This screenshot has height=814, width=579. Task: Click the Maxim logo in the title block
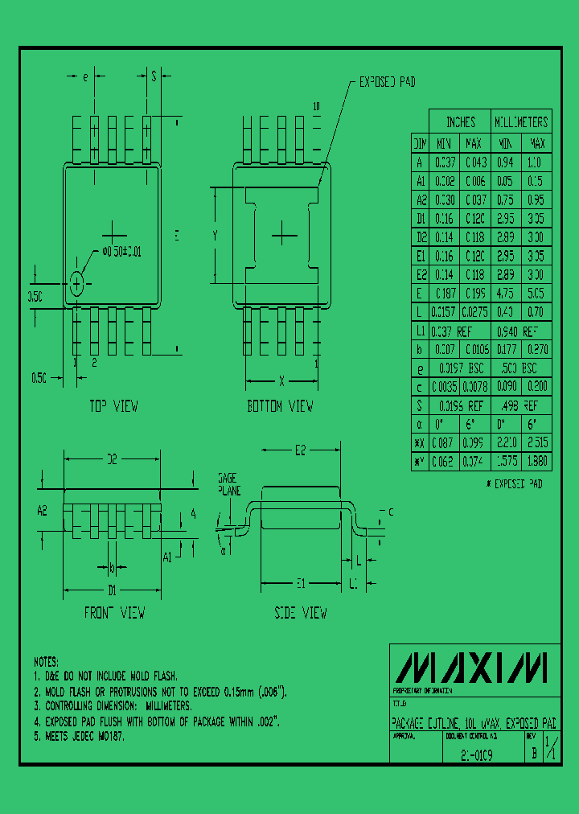pyautogui.click(x=474, y=667)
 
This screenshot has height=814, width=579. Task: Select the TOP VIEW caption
pyautogui.click(x=113, y=407)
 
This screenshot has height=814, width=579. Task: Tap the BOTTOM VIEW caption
pyautogui.click(x=280, y=407)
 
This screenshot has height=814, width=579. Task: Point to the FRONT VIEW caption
pyautogui.click(x=115, y=613)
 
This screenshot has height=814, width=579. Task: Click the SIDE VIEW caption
pyautogui.click(x=301, y=613)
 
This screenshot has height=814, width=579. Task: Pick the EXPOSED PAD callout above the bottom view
pyautogui.click(x=387, y=82)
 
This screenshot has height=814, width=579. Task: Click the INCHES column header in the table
pyautogui.click(x=461, y=122)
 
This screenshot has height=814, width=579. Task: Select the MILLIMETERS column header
pyautogui.click(x=520, y=122)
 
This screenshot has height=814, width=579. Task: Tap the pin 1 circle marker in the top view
pyautogui.click(x=77, y=284)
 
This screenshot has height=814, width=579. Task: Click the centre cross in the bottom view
pyautogui.click(x=282, y=235)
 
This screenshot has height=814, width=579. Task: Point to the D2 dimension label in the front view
pyautogui.click(x=113, y=459)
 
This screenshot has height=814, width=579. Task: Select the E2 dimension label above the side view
pyautogui.click(x=300, y=450)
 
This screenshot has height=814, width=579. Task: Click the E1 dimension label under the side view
pyautogui.click(x=300, y=583)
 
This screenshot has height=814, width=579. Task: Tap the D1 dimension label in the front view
pyautogui.click(x=113, y=590)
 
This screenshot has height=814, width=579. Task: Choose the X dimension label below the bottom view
pyautogui.click(x=281, y=380)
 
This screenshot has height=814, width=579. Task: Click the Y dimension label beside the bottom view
pyautogui.click(x=216, y=235)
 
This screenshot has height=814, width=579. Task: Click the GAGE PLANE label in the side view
pyautogui.click(x=228, y=483)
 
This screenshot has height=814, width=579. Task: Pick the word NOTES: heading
pyautogui.click(x=47, y=661)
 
